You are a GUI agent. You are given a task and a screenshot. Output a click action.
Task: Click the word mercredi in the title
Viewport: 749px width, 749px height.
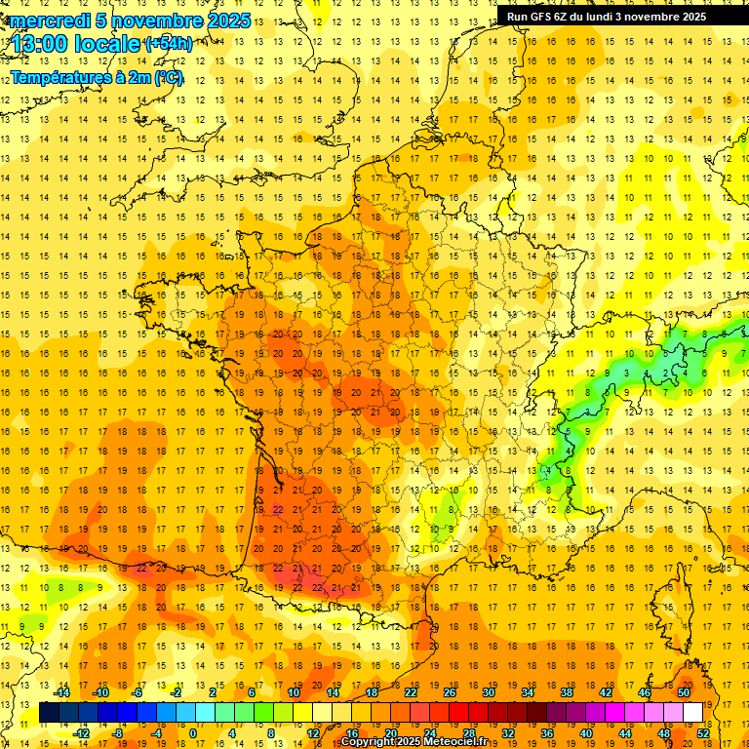[x=51, y=20]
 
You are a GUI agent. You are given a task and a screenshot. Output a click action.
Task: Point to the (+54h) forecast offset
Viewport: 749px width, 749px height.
[x=169, y=44]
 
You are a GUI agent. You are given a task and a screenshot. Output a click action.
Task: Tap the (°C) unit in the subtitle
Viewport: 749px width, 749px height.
[x=167, y=77]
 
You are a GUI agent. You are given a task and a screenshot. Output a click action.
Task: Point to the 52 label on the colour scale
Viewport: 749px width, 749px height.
[x=703, y=733]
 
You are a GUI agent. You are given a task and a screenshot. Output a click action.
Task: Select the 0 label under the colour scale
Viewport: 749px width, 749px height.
[x=192, y=733]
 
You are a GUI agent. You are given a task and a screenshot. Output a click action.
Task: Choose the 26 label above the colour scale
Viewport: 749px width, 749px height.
[x=449, y=692]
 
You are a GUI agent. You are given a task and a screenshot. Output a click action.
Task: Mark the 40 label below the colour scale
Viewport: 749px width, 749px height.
[x=585, y=733]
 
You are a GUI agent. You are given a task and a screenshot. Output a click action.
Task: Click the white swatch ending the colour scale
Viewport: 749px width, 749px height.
[x=692, y=713]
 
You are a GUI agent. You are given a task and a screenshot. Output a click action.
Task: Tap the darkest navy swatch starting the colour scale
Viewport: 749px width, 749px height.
[x=49, y=713]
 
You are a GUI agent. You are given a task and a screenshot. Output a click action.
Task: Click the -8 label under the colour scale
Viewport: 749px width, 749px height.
[x=118, y=733]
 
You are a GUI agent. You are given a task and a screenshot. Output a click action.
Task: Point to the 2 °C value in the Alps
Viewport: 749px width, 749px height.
[x=666, y=373]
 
